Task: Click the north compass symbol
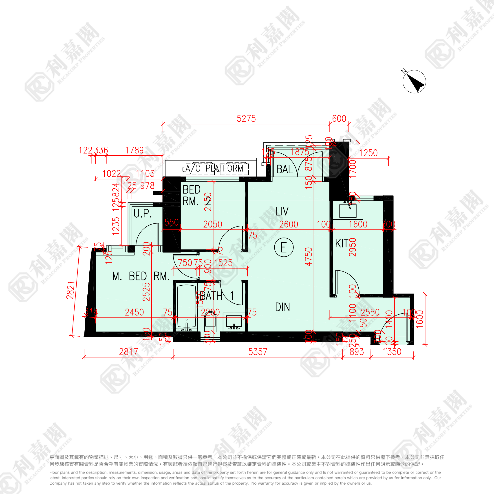tap(414, 82)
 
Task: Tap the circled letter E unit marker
tap(284, 247)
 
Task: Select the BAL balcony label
tap(284, 169)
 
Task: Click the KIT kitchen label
tap(342, 243)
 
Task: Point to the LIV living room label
tap(282, 211)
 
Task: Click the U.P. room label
tap(143, 213)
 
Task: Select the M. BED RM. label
tap(141, 276)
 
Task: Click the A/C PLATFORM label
tap(214, 168)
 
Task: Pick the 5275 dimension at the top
tap(246, 119)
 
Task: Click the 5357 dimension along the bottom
tap(258, 352)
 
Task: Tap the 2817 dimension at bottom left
tap(128, 352)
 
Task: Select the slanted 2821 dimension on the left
tap(71, 290)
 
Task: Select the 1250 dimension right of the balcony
tap(368, 153)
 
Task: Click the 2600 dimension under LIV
tap(288, 224)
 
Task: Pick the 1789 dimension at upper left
tap(134, 150)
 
